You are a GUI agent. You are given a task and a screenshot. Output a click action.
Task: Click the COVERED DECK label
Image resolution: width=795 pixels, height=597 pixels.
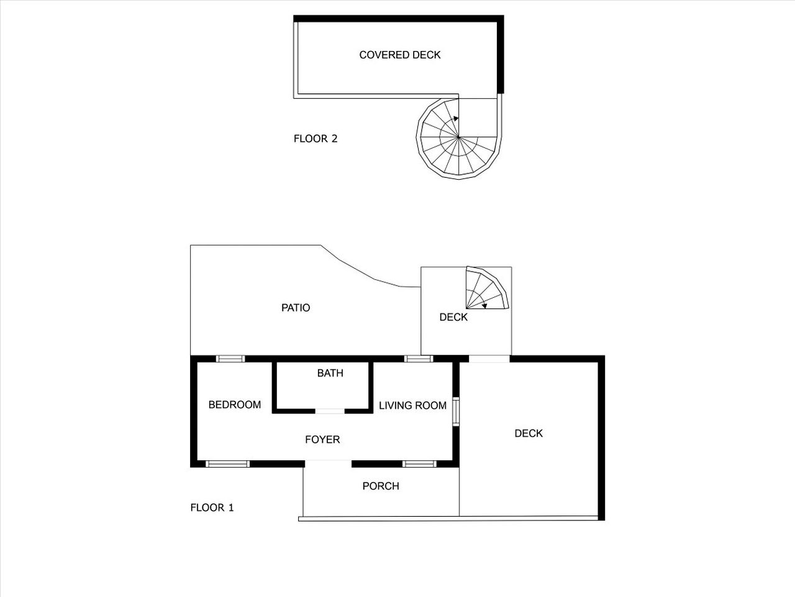coord(400,55)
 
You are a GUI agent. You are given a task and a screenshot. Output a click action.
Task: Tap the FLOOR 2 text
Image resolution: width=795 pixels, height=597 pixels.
coord(316,139)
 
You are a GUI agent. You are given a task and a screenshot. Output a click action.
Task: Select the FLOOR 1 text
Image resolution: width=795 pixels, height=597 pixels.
coord(212,507)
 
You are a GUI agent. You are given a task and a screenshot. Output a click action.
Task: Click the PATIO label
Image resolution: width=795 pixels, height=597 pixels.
coord(296,308)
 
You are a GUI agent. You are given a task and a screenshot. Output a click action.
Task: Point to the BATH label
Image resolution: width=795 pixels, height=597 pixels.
coord(330,373)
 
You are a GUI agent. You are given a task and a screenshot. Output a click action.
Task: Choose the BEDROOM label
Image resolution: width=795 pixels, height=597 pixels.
coord(235,404)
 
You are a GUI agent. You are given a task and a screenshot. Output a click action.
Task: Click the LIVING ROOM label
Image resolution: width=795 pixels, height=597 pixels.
coord(412,405)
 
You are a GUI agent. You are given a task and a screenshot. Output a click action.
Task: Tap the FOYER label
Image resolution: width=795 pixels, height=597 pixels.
coord(322,440)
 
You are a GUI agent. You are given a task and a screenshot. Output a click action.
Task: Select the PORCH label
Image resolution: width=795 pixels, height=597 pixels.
coord(381,486)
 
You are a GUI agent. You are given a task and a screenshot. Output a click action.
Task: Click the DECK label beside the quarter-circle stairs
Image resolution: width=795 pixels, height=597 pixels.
coord(453,317)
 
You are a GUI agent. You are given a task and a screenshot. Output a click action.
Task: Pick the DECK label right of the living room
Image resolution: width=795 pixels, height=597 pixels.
coord(529,433)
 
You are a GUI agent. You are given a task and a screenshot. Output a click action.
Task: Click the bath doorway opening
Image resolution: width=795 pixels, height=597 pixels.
coord(330,411)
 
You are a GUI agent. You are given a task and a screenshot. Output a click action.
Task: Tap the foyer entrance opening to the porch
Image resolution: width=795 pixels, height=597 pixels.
coord(328,463)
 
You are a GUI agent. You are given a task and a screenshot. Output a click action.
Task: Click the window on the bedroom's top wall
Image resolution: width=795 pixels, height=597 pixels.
coord(230,359)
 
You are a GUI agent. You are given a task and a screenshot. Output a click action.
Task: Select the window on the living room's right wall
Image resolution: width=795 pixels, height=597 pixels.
coord(456,412)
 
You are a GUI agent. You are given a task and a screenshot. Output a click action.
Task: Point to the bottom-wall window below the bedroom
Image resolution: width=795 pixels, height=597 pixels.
coord(227,464)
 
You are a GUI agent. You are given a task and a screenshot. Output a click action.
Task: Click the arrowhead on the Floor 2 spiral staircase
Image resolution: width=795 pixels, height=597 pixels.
coord(456,119)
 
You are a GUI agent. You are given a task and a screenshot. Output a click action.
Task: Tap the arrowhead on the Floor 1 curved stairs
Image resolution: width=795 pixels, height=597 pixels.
coord(484,307)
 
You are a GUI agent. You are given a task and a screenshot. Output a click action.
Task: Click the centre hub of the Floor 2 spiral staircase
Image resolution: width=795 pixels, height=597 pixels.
coord(458,137)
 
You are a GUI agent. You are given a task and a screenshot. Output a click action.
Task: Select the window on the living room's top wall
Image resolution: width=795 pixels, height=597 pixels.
coord(419,359)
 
